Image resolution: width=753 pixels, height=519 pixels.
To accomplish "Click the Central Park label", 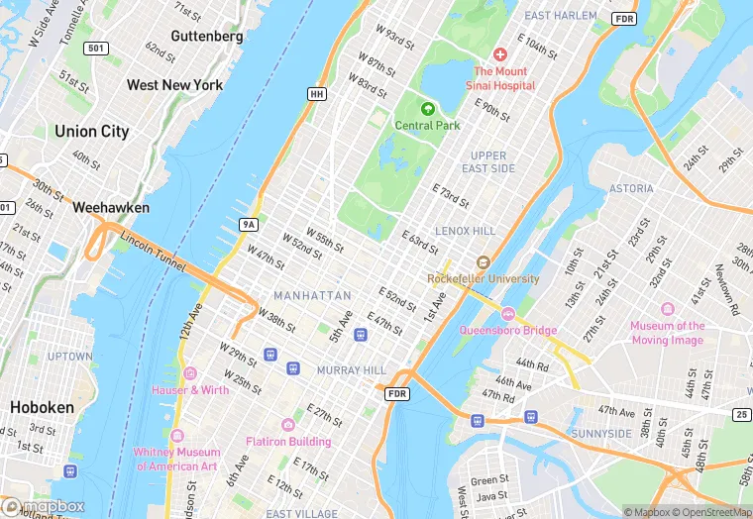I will coord(427,126).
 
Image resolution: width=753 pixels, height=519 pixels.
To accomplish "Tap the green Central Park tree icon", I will coord(428,109).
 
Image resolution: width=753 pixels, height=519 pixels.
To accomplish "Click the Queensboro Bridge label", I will coord(507,330).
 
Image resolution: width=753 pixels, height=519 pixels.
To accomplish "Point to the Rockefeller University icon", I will coord(483,262).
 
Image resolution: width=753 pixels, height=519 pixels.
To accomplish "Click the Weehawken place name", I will coord(111,208).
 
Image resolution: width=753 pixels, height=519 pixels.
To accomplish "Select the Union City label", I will coord(92,132).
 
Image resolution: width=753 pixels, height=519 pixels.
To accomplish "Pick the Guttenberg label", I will coord(207,37).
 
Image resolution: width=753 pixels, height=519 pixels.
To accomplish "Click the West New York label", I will coord(175,85).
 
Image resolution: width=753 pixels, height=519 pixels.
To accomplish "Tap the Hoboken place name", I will coord(42,407).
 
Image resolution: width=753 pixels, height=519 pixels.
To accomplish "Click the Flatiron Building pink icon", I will coord(288,424).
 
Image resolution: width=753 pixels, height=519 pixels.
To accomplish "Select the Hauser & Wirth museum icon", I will coord(189,373).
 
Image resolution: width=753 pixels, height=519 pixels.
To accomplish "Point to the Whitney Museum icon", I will coord(177,436).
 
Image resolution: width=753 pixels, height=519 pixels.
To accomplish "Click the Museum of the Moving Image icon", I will coord(667,309).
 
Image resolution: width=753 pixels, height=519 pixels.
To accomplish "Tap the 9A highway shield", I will coord(248,225).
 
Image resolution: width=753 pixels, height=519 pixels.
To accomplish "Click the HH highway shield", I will coord(316,94).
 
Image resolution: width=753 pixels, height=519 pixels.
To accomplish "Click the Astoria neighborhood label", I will coord(631,188).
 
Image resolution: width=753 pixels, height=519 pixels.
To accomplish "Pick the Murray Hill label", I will coord(351,370).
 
